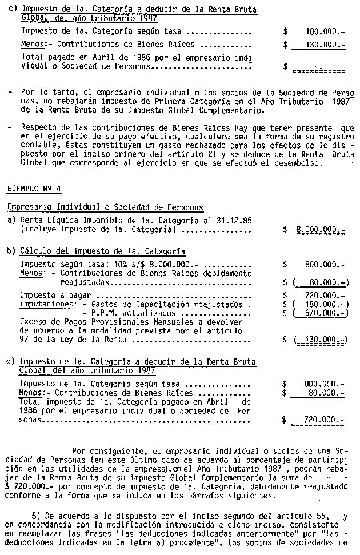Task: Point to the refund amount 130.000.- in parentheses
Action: tap(322, 340)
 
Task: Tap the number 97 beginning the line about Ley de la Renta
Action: tap(25, 340)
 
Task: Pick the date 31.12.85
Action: tap(235, 220)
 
